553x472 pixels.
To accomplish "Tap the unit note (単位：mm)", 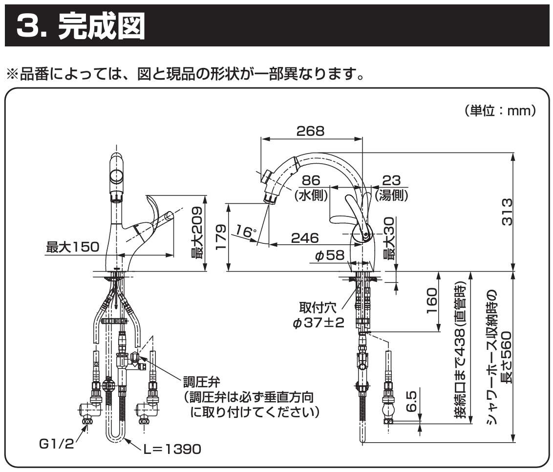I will tap(500, 111).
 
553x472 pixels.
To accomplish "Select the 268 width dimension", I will tap(310, 131).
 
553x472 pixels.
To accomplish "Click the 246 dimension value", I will tap(305, 238).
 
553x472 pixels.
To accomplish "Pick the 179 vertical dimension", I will tap(221, 236).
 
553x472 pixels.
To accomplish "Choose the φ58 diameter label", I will tap(330, 256).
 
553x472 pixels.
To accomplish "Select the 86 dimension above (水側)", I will tap(311, 181).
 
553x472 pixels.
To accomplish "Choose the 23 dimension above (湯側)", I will tap(392, 181).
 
